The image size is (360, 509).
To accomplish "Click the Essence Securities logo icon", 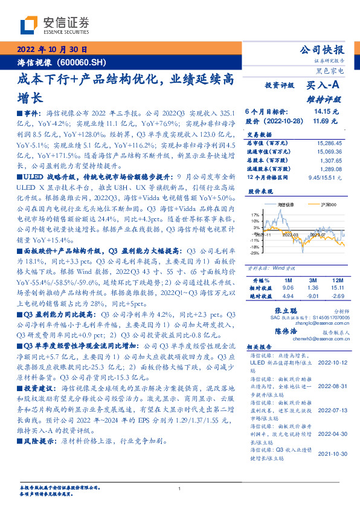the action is pos(28,25).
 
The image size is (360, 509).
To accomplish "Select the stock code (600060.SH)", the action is pos(83,62).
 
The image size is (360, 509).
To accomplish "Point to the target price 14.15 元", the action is pos(321,112).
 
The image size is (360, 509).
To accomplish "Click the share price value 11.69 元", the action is pos(321,121).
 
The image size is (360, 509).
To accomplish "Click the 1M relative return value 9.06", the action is pos(287,289).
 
